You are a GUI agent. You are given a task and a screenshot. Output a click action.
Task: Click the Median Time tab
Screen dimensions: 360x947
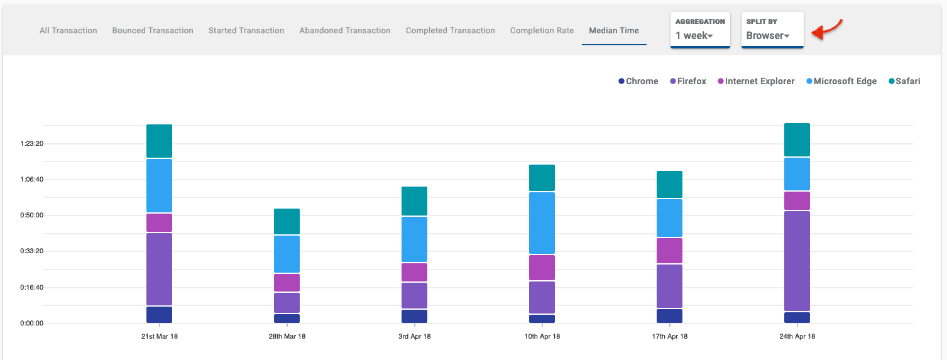613,30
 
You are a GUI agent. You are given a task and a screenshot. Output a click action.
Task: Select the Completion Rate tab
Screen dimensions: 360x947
542,30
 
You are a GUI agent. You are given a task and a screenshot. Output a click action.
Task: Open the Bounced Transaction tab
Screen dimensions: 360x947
153,30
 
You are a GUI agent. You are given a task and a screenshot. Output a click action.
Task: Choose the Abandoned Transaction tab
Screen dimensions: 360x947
345,30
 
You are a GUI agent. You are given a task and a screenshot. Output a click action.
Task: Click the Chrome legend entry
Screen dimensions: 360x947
638,81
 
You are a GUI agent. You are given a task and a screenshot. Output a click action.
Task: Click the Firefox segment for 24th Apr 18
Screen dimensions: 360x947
797,261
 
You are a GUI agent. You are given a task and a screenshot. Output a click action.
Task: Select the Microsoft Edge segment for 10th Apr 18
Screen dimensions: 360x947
542,222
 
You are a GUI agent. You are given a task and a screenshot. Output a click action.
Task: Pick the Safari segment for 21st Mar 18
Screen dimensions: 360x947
159,141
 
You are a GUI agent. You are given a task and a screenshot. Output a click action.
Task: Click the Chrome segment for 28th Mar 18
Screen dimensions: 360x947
287,319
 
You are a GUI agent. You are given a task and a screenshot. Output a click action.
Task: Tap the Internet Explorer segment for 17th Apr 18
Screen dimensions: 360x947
669,251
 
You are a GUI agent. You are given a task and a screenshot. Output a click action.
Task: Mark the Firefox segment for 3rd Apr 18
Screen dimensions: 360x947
414,295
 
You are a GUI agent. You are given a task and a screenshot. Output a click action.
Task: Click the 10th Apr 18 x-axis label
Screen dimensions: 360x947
542,336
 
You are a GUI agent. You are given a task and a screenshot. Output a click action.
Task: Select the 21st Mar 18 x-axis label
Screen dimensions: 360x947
159,336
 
